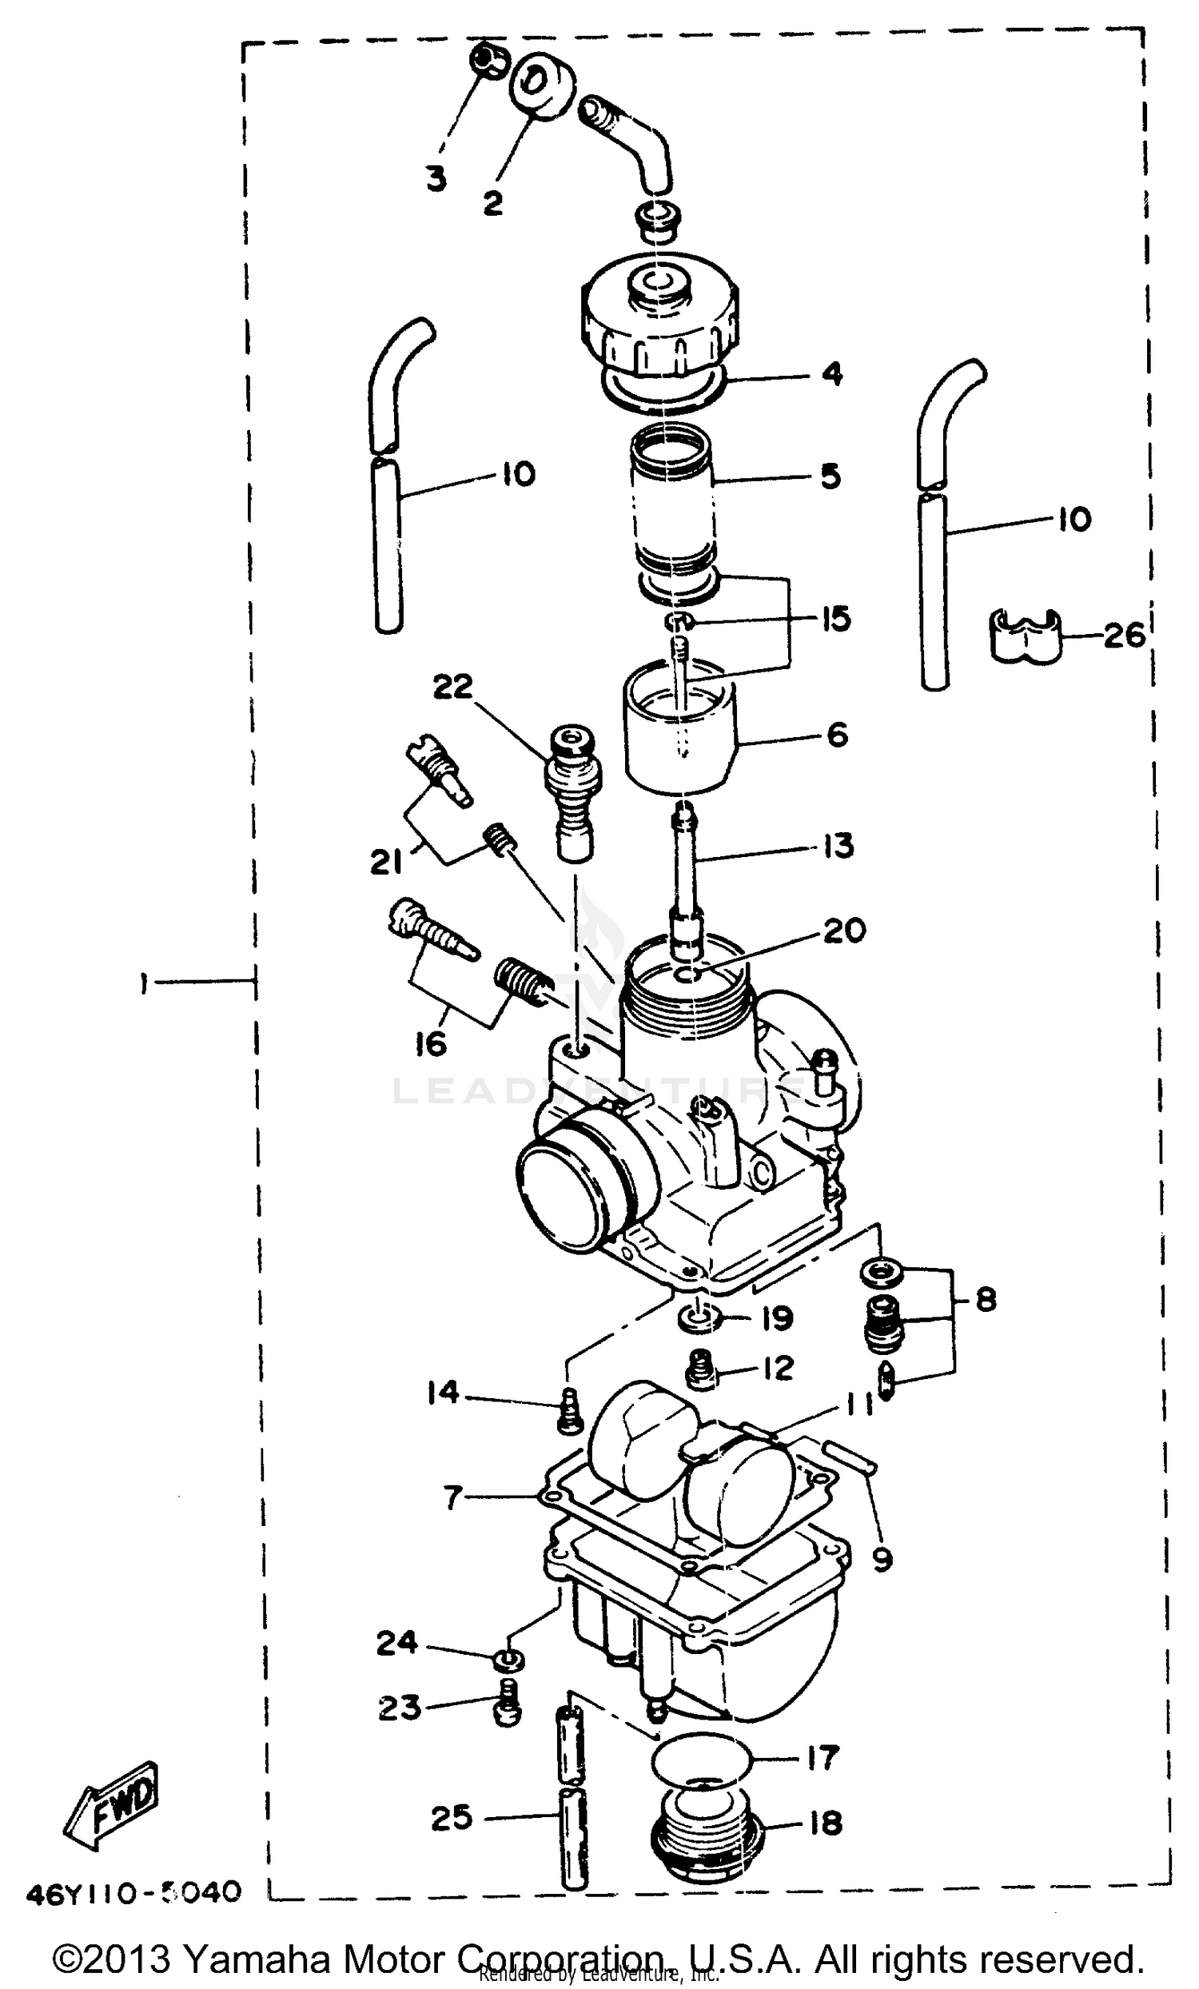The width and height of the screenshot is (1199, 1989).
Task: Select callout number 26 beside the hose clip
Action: (x=1124, y=636)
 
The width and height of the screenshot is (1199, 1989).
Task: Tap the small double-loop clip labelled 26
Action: (x=1024, y=637)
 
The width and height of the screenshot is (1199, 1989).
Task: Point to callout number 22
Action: (x=452, y=687)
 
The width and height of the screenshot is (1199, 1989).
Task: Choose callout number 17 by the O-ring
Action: (x=823, y=1757)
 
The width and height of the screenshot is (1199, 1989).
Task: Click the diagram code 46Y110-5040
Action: (x=133, y=1892)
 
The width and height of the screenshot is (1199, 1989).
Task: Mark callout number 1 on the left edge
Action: (x=143, y=983)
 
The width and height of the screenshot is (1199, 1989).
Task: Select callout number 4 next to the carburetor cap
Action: (x=832, y=374)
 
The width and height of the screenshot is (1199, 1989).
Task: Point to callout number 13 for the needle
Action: (x=839, y=846)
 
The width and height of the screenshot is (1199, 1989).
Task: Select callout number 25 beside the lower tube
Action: (x=452, y=1818)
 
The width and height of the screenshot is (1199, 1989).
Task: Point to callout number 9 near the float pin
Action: (x=882, y=1561)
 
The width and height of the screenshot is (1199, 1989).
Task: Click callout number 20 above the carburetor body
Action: (x=844, y=930)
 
